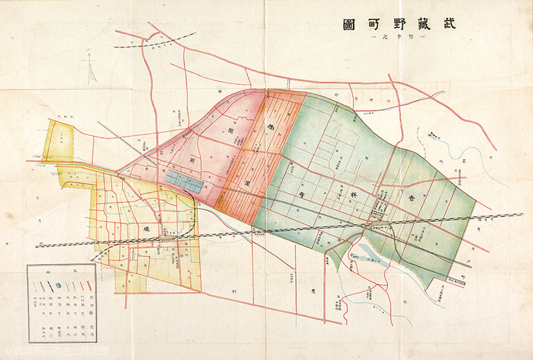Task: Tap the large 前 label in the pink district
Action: click(188, 160)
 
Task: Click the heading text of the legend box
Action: click(61, 272)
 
